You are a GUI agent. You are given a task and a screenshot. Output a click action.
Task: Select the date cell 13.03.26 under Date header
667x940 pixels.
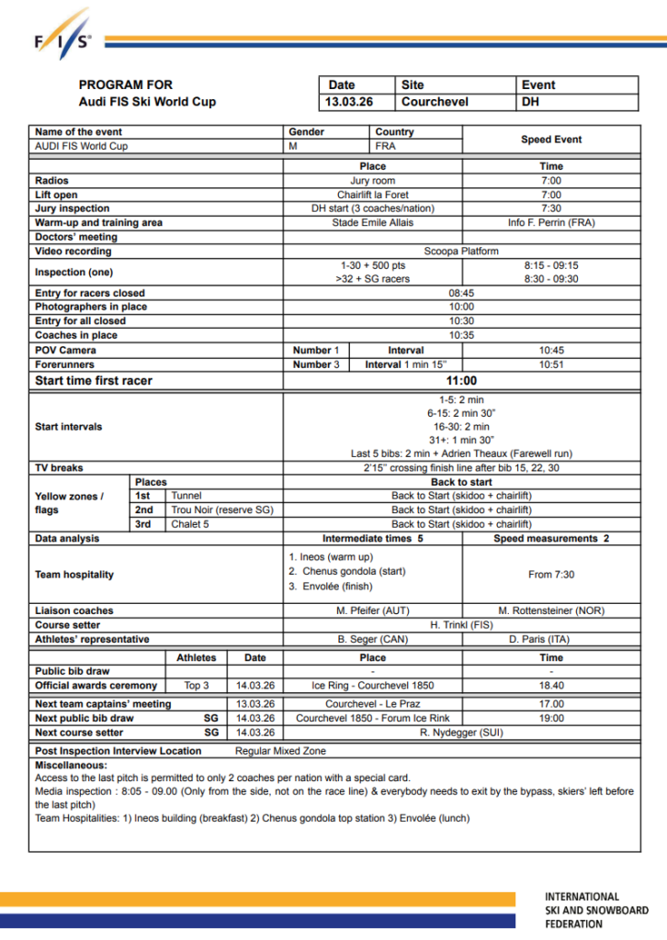point(349,102)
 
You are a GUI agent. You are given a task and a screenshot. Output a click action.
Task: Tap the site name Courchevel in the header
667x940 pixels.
point(435,102)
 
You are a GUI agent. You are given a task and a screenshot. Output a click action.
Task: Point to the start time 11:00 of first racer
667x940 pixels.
point(461,381)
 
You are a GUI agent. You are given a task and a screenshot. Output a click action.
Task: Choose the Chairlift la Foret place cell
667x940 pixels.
point(372,195)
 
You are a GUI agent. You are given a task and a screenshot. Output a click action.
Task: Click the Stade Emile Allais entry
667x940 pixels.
point(372,222)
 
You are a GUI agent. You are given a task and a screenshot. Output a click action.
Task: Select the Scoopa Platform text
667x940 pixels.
point(461,251)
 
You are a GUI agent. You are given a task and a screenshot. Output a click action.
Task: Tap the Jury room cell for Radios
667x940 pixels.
point(372,181)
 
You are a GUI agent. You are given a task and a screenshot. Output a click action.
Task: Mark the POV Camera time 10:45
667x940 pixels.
point(551,350)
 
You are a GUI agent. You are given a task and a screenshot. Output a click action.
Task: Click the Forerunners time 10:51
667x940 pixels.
point(551,364)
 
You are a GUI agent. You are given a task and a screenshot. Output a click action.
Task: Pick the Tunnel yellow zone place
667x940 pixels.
point(187,496)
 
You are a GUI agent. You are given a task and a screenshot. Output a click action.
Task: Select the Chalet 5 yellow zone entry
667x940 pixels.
point(190,523)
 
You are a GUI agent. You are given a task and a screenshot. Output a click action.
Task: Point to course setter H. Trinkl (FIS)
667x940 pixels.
point(461,624)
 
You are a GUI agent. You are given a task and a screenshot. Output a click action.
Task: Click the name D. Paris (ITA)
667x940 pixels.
point(551,639)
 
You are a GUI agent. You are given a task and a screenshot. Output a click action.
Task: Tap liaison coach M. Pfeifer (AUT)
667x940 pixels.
point(372,610)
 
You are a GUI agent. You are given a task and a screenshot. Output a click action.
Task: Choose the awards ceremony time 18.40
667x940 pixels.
point(551,686)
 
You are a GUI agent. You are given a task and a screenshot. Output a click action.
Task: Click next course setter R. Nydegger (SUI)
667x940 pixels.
point(461,733)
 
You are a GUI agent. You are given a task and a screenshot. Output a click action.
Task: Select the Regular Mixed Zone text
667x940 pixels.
point(280,751)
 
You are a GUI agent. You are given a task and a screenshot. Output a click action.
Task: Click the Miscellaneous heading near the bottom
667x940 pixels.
point(71,765)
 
